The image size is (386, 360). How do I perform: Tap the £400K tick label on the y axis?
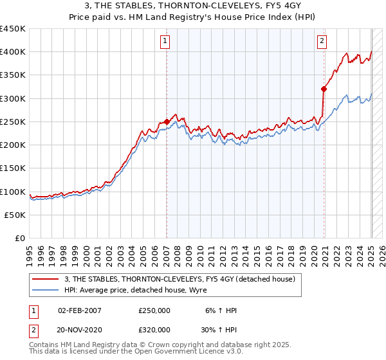pyautogui.click(x=13, y=52)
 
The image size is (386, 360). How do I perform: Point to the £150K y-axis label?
pyautogui.click(x=13, y=168)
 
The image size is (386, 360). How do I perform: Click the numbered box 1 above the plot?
pyautogui.click(x=165, y=42)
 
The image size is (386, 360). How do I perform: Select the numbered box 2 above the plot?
pyautogui.click(x=322, y=42)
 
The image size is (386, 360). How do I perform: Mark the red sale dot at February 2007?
pyautogui.click(x=167, y=122)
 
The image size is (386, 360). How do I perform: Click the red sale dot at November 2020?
pyautogui.click(x=324, y=89)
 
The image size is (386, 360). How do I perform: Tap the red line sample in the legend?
pyautogui.click(x=46, y=279)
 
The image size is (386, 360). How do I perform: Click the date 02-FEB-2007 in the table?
pyautogui.click(x=80, y=310)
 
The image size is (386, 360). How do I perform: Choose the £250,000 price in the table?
pyautogui.click(x=154, y=310)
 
